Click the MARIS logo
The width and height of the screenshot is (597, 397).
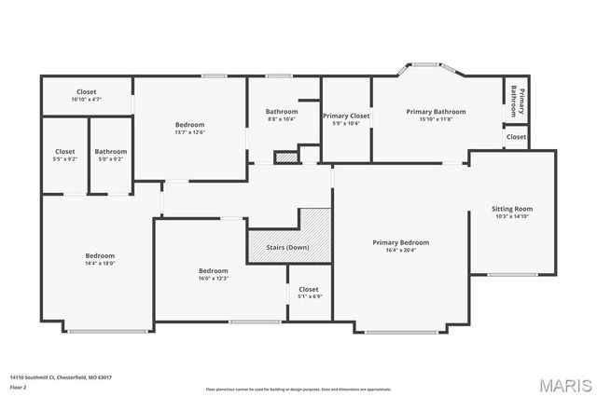click(564, 385)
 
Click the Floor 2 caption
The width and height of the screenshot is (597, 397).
click(18, 387)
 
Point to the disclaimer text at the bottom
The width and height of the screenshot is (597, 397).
click(298, 389)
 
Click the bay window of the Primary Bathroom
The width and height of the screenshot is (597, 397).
click(426, 66)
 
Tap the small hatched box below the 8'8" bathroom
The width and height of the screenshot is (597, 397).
click(286, 157)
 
